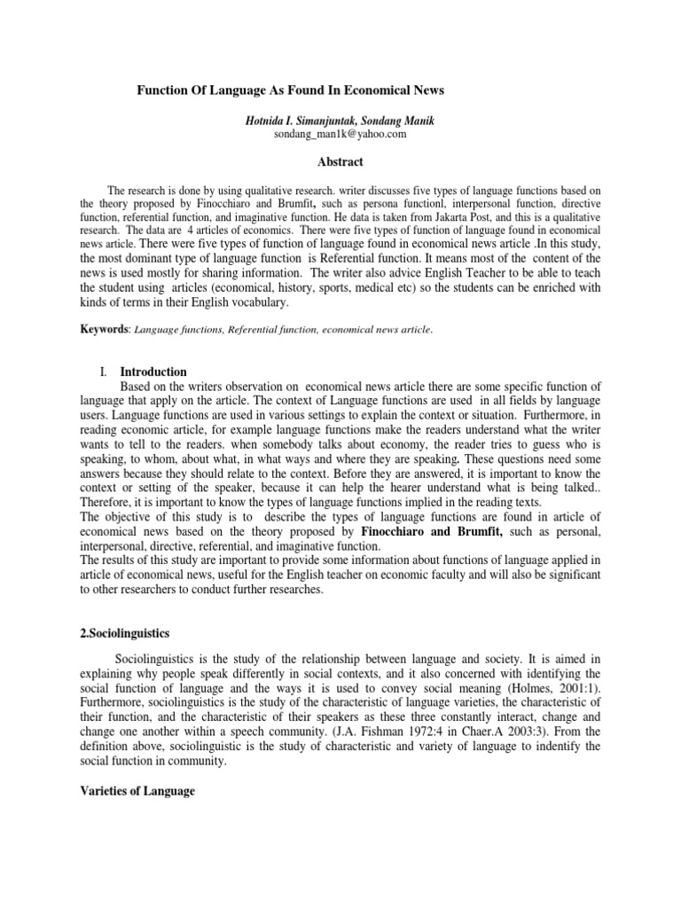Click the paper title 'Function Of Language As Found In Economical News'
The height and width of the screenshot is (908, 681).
[289, 90]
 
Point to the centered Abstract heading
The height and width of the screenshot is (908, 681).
[340, 161]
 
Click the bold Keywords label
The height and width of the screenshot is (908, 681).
[106, 329]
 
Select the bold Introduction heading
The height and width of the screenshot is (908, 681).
[153, 372]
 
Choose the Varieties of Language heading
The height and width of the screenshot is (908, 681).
[137, 790]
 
